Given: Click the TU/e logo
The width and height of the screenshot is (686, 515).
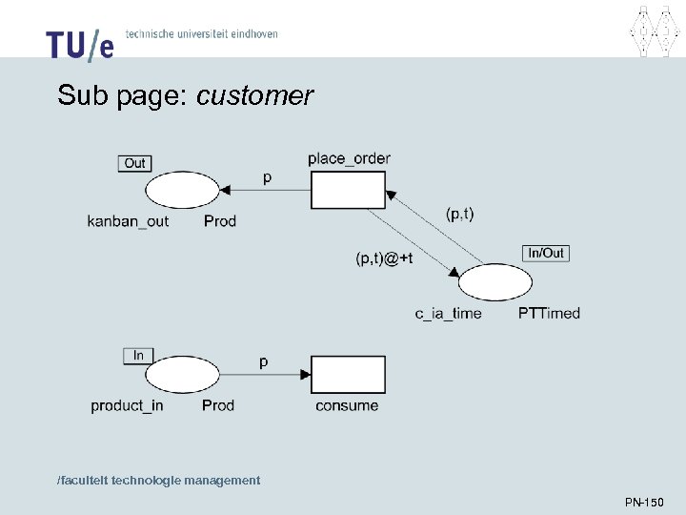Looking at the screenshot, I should click(x=80, y=43).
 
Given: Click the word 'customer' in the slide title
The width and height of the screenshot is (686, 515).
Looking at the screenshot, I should click(x=254, y=96).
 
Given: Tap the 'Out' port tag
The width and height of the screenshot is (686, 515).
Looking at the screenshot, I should click(x=135, y=163).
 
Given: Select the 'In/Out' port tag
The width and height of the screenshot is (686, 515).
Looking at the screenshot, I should click(x=546, y=253).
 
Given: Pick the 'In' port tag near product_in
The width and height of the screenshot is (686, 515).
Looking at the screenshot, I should click(x=138, y=356).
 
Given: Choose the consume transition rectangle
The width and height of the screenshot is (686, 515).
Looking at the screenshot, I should click(x=348, y=374).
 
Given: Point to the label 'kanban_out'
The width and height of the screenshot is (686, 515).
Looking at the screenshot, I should click(x=128, y=221).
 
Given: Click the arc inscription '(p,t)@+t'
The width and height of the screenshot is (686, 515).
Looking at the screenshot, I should click(x=385, y=258).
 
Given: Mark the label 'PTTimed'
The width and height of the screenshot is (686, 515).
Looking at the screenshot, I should click(x=549, y=313).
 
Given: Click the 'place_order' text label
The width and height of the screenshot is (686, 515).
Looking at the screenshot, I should click(x=349, y=158).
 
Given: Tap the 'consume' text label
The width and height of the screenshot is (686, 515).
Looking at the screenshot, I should click(x=347, y=405).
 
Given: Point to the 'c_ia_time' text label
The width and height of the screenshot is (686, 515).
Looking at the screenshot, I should click(x=448, y=313).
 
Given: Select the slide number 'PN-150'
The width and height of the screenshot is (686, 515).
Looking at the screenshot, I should click(x=644, y=502).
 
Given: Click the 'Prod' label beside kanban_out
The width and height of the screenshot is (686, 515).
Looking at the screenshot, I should click(x=220, y=221).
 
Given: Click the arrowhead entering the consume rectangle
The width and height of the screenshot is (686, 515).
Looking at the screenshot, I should click(x=306, y=375).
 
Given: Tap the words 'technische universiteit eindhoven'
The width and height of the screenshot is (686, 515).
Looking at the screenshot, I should click(x=202, y=34).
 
